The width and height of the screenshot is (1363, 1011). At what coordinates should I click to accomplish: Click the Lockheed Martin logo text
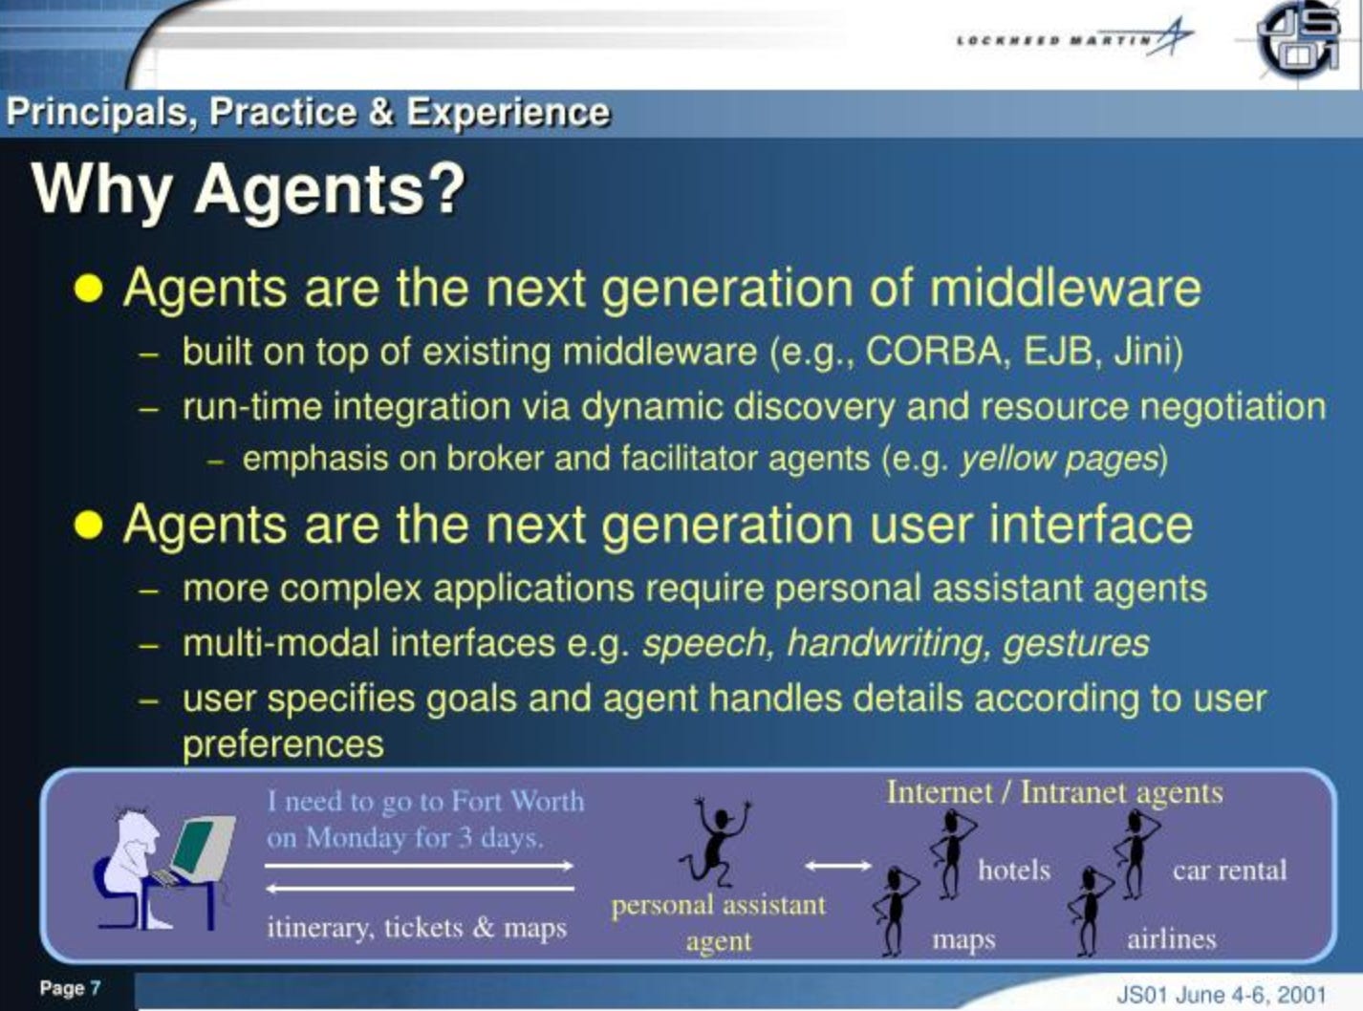tap(1054, 40)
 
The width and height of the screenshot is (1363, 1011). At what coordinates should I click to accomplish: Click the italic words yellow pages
tap(1059, 460)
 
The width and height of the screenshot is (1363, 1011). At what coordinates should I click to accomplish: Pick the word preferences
tap(283, 744)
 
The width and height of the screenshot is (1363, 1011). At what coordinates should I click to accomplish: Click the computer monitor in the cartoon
tap(202, 849)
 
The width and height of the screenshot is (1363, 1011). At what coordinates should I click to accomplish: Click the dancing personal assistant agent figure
tap(715, 843)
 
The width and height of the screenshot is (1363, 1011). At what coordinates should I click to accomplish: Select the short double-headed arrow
tap(837, 866)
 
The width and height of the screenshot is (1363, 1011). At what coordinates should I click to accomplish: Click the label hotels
tap(1014, 871)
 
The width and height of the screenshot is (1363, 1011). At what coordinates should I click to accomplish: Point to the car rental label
tap(1229, 871)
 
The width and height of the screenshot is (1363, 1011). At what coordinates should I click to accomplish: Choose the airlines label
tap(1171, 939)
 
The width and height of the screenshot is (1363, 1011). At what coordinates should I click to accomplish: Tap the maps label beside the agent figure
tap(963, 940)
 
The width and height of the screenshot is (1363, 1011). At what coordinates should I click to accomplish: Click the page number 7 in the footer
tap(96, 988)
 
